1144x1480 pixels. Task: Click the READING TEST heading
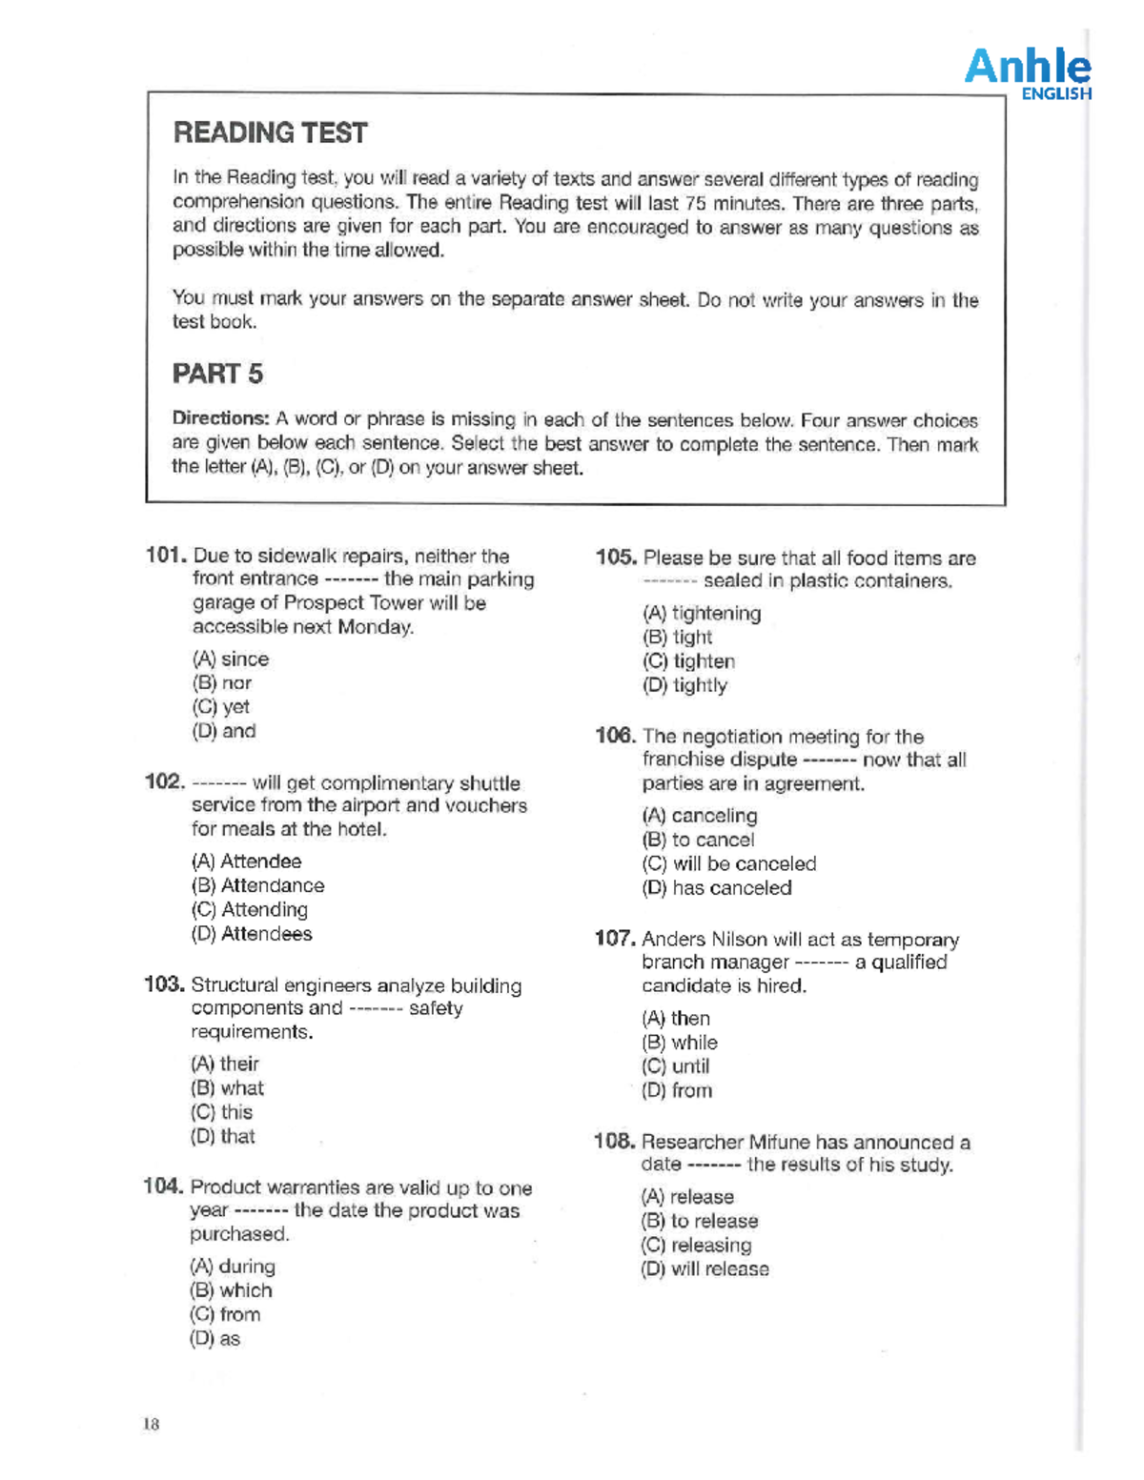270,132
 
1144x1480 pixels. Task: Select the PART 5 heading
217,374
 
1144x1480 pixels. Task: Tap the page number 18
152,1424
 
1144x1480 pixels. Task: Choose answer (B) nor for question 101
222,683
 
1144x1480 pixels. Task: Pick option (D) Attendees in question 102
252,934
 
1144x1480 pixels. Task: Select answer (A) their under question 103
225,1064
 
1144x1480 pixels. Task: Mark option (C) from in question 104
225,1314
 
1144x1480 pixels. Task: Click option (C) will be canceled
729,863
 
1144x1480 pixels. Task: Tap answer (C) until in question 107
676,1066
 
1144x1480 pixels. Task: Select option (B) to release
700,1221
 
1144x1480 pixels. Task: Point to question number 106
615,736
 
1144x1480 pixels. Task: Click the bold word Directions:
221,418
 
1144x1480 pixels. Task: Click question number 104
163,1186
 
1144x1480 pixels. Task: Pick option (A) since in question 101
231,659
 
